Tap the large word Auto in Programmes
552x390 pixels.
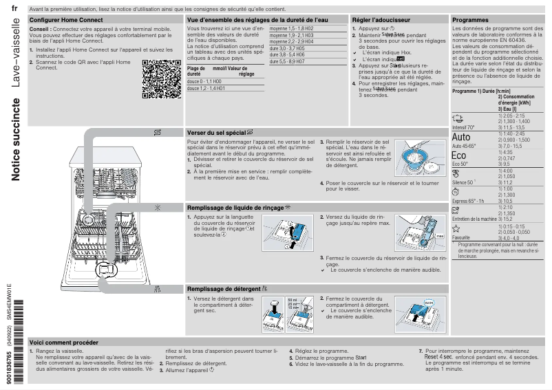click(x=461, y=137)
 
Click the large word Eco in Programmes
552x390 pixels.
click(x=459, y=155)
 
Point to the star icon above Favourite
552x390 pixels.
click(x=456, y=228)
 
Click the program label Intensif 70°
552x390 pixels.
click(x=463, y=127)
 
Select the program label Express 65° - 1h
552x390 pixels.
click(x=468, y=200)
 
